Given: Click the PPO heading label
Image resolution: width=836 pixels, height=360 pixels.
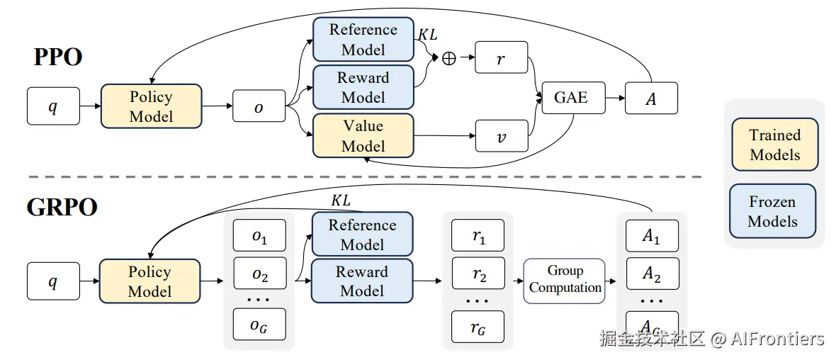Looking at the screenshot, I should (58, 57).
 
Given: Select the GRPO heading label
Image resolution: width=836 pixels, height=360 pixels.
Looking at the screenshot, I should (62, 207).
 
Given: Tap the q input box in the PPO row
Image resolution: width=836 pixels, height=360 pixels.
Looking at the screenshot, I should (53, 106).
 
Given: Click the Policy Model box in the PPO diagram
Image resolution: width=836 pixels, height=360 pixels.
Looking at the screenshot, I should (151, 106).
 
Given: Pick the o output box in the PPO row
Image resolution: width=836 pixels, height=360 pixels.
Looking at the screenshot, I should (259, 107).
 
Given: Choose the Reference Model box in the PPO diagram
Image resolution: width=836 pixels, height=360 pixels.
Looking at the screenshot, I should (363, 40).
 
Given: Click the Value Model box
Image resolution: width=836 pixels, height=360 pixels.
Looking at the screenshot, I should (363, 136).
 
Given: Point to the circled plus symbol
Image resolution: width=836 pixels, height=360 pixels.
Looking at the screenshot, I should (448, 59).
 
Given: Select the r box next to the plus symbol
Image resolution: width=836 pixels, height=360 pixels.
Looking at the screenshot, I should (501, 59).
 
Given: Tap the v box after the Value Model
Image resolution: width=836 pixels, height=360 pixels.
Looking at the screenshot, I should (501, 136).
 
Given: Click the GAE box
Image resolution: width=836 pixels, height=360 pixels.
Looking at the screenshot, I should (571, 98).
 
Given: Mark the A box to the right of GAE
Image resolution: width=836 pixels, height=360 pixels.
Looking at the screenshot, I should (651, 99).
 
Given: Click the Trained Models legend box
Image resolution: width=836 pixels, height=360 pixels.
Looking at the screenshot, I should (774, 145).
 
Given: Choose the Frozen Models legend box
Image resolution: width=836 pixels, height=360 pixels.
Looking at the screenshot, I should (772, 211).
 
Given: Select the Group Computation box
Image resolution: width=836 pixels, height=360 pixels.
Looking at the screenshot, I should (565, 281).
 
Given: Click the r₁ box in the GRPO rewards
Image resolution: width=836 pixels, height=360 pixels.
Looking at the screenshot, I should (478, 237).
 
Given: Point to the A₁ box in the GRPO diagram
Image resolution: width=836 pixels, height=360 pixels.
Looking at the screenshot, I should (651, 237).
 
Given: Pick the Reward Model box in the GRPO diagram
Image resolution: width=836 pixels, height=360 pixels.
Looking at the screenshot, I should (362, 281).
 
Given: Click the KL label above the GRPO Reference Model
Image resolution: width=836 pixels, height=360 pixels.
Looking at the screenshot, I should (341, 201).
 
